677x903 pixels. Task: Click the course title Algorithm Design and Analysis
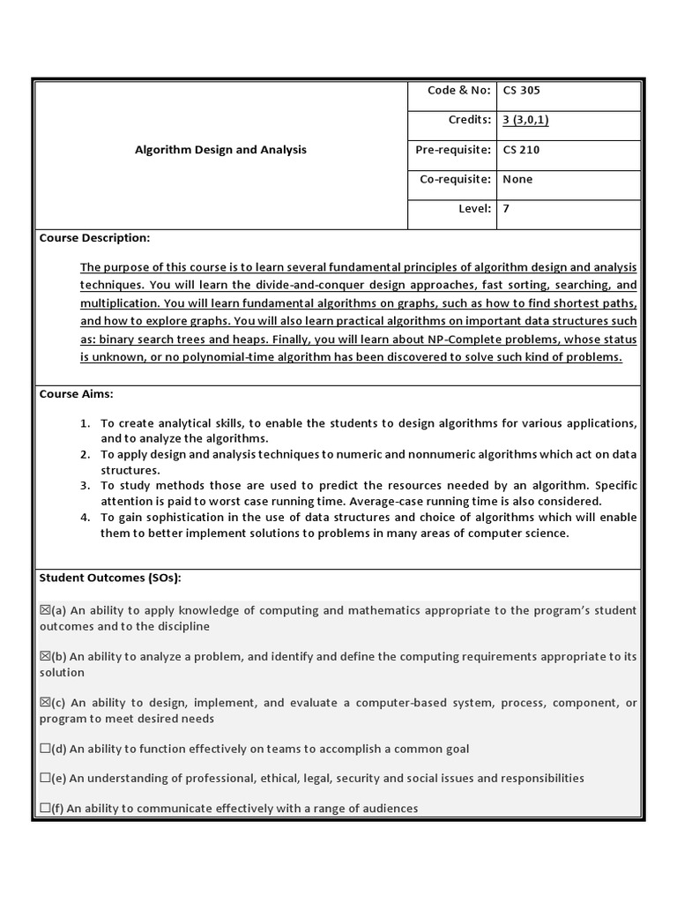(220, 150)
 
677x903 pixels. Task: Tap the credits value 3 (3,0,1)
(525, 120)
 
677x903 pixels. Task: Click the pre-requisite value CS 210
(521, 150)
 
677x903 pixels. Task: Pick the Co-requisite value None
(517, 179)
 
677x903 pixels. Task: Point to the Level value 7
(506, 209)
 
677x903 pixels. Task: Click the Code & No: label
(458, 90)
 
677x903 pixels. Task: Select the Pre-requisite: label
(452, 150)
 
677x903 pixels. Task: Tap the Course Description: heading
(94, 238)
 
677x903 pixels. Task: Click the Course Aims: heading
(76, 394)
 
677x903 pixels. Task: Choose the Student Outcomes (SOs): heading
(109, 578)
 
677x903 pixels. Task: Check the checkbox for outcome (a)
(45, 610)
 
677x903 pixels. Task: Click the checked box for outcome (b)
(45, 657)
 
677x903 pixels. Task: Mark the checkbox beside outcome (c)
(45, 703)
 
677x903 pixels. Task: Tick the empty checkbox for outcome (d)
(45, 749)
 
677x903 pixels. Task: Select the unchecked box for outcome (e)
(45, 779)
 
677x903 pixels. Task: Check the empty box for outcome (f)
(45, 808)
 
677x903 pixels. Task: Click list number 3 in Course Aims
(85, 486)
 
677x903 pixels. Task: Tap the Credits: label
(469, 120)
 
